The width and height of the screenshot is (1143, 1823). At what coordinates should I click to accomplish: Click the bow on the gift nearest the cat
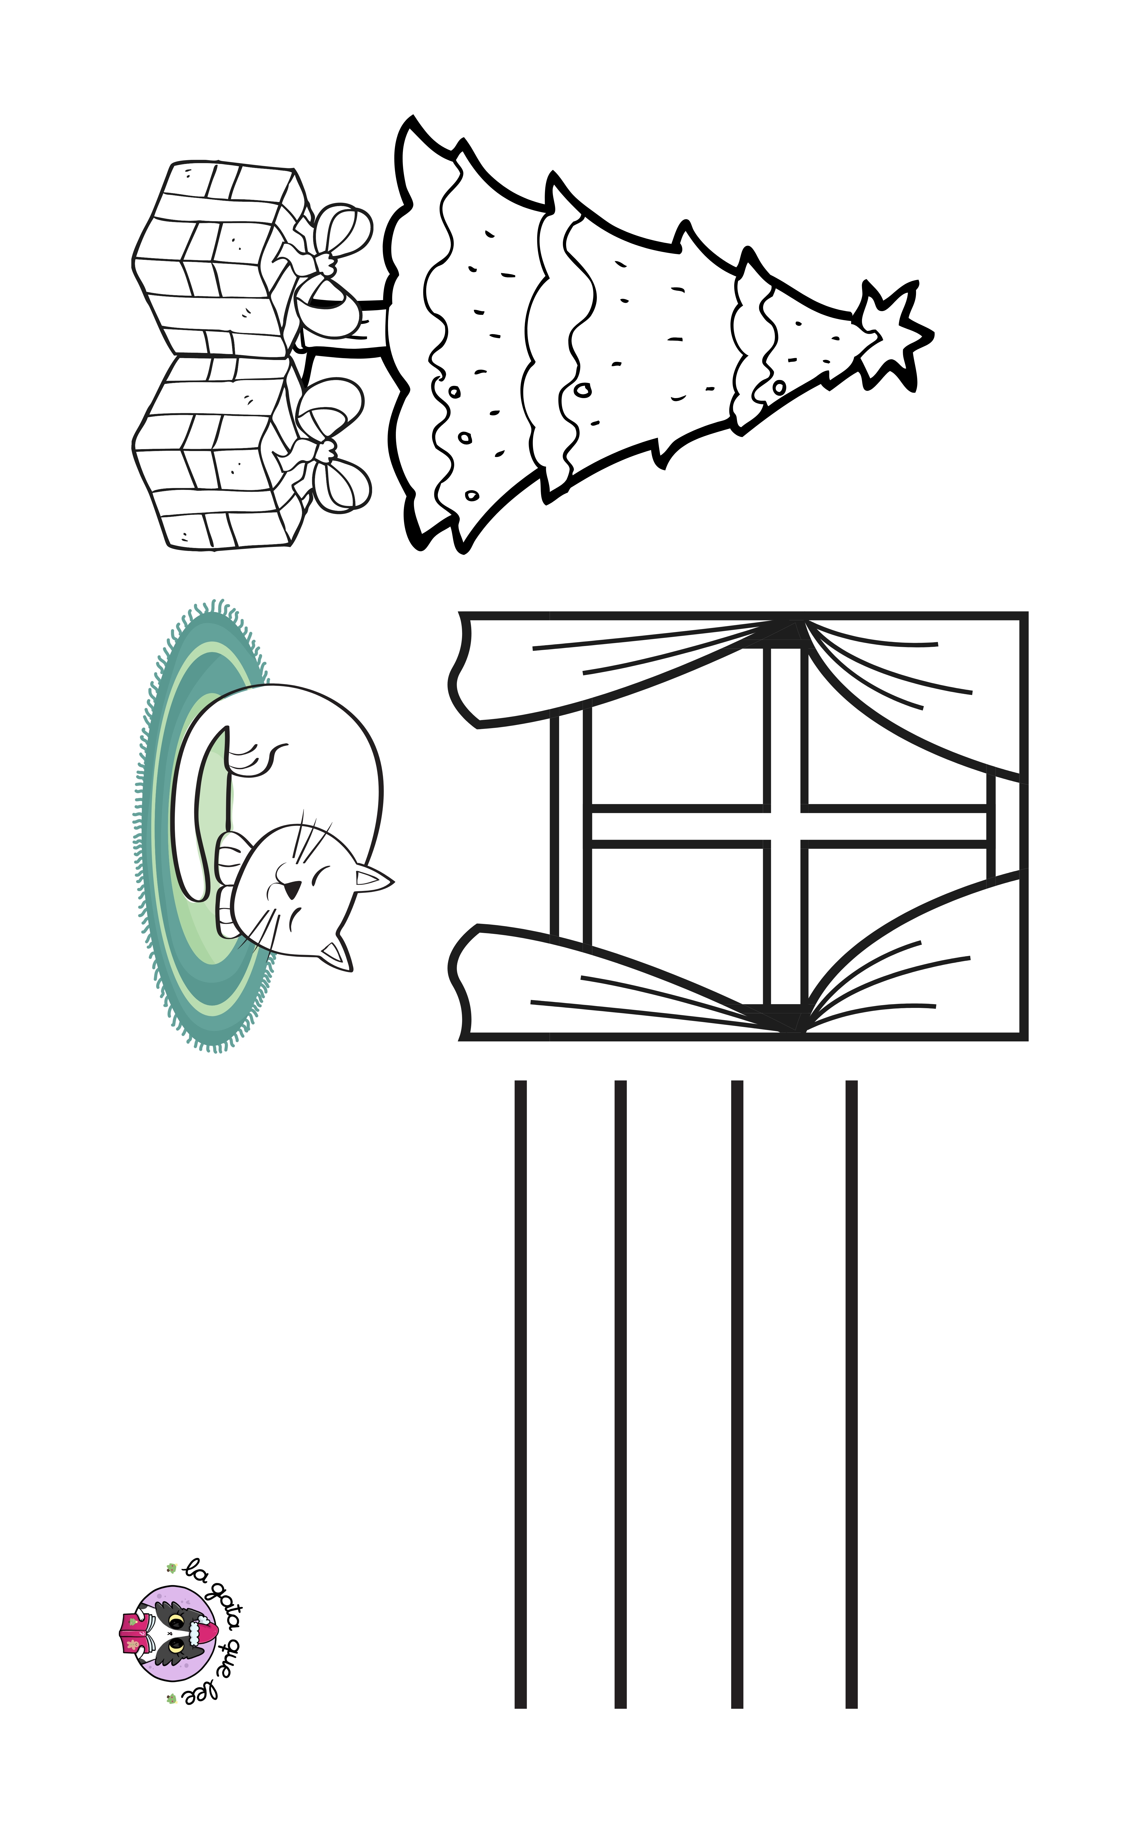tap(325, 446)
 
